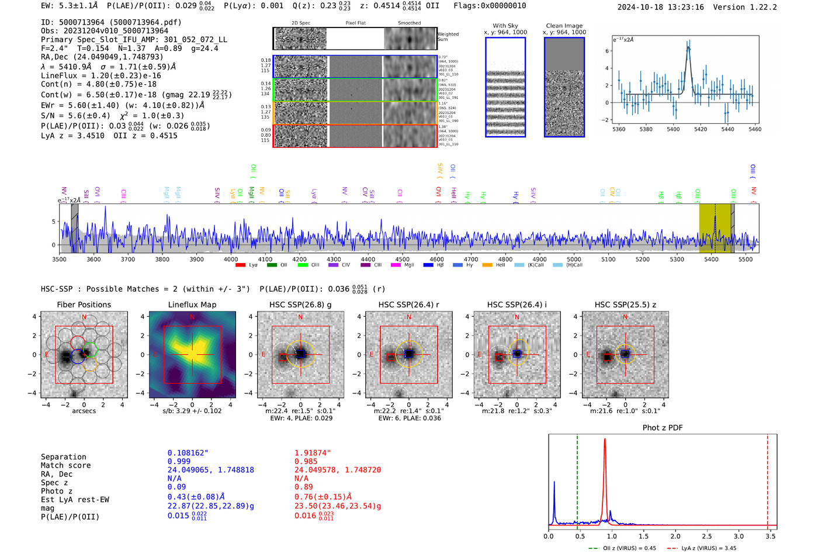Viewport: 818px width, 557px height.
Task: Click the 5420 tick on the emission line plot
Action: [700, 129]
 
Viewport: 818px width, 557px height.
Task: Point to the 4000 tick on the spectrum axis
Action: [231, 259]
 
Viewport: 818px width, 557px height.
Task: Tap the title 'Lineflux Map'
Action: [192, 305]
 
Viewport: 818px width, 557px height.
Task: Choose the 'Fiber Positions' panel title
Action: [84, 305]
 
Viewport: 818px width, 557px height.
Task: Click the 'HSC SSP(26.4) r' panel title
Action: [408, 305]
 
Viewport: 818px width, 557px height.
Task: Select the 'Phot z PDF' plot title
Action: [663, 428]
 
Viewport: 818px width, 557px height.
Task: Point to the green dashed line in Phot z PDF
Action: [577, 479]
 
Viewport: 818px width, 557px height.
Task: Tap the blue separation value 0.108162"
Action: [188, 453]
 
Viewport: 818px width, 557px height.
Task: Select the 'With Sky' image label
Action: [505, 26]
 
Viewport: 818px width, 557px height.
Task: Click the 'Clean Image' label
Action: [564, 26]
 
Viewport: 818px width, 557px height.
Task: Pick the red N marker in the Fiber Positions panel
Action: [84, 317]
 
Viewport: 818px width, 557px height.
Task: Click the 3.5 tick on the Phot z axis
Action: [771, 536]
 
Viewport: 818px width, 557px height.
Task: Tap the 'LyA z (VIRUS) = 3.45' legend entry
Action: [708, 548]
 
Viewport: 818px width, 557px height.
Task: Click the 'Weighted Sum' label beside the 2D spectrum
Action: [448, 36]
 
